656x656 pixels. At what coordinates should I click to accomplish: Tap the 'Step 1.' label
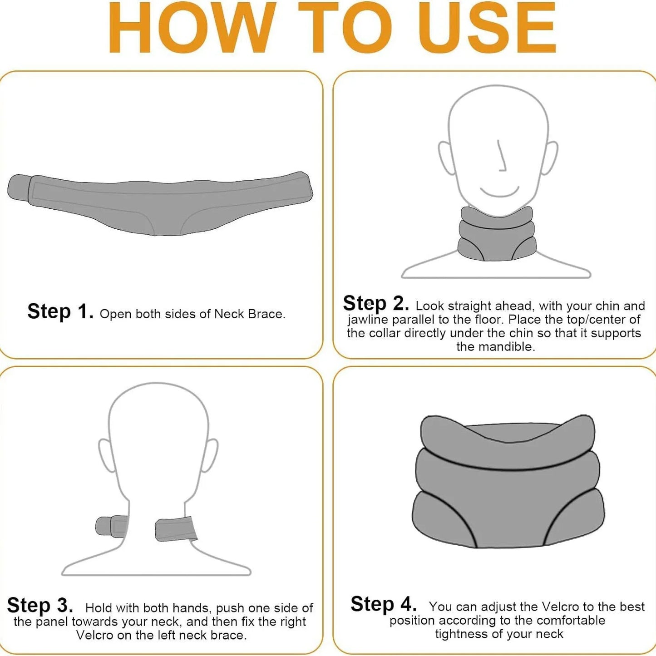point(60,312)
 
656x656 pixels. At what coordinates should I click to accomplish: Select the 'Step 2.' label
point(375,303)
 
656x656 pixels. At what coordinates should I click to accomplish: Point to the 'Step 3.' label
point(40,606)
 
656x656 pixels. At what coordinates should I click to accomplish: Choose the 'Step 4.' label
point(384,604)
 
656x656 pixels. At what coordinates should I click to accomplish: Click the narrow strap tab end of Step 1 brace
point(19,187)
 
